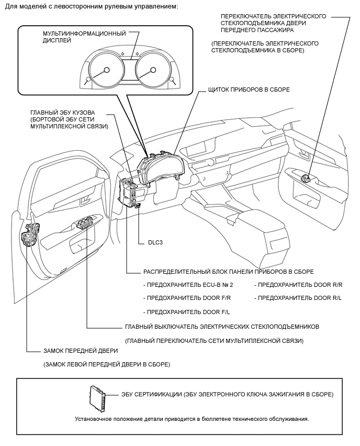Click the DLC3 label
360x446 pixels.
tap(155, 242)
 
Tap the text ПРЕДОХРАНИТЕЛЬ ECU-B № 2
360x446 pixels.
tap(188, 285)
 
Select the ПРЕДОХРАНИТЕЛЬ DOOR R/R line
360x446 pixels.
tap(299, 285)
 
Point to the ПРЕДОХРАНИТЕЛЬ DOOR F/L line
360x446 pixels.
tap(186, 312)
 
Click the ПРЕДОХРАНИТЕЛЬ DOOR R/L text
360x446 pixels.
tap(298, 298)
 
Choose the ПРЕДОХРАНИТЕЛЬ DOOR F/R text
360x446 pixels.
tap(187, 298)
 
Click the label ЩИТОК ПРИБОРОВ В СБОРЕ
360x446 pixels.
tap(249, 90)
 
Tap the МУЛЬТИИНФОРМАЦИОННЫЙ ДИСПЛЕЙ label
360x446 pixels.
tap(84, 37)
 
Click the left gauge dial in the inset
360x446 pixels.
tap(106, 70)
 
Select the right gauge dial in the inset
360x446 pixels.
tap(153, 70)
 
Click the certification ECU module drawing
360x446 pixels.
tap(97, 398)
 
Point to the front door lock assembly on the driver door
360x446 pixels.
tap(30, 234)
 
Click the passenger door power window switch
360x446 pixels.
tap(307, 177)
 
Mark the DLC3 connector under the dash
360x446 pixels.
tap(138, 206)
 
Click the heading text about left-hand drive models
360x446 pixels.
tap(92, 6)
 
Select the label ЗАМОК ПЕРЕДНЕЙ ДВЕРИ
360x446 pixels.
tap(81, 351)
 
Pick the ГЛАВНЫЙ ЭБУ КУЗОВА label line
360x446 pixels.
tap(63, 113)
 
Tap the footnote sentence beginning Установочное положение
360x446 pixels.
tap(192, 419)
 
